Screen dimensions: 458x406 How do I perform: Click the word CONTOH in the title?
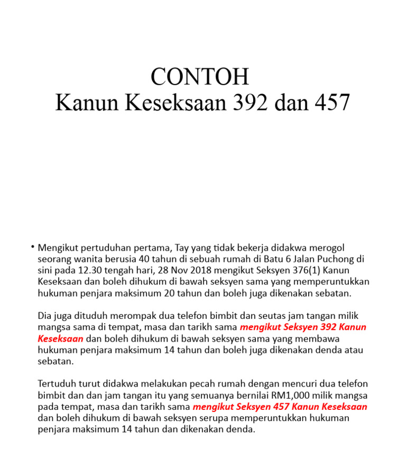pyautogui.click(x=199, y=77)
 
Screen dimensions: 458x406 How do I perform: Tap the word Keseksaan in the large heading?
pyautogui.click(x=175, y=103)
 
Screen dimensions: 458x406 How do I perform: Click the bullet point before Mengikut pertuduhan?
pyautogui.click(x=32, y=247)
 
